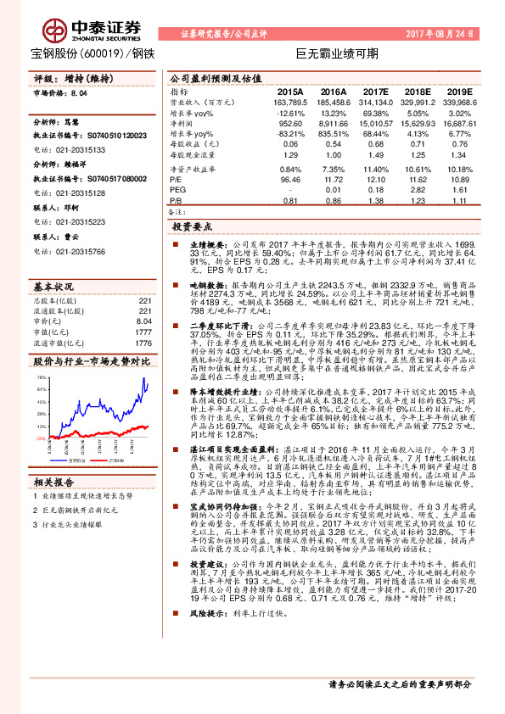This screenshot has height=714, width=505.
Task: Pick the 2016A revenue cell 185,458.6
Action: point(330,101)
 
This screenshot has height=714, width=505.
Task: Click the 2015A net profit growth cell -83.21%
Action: point(290,134)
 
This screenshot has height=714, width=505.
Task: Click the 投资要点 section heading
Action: point(194,227)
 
